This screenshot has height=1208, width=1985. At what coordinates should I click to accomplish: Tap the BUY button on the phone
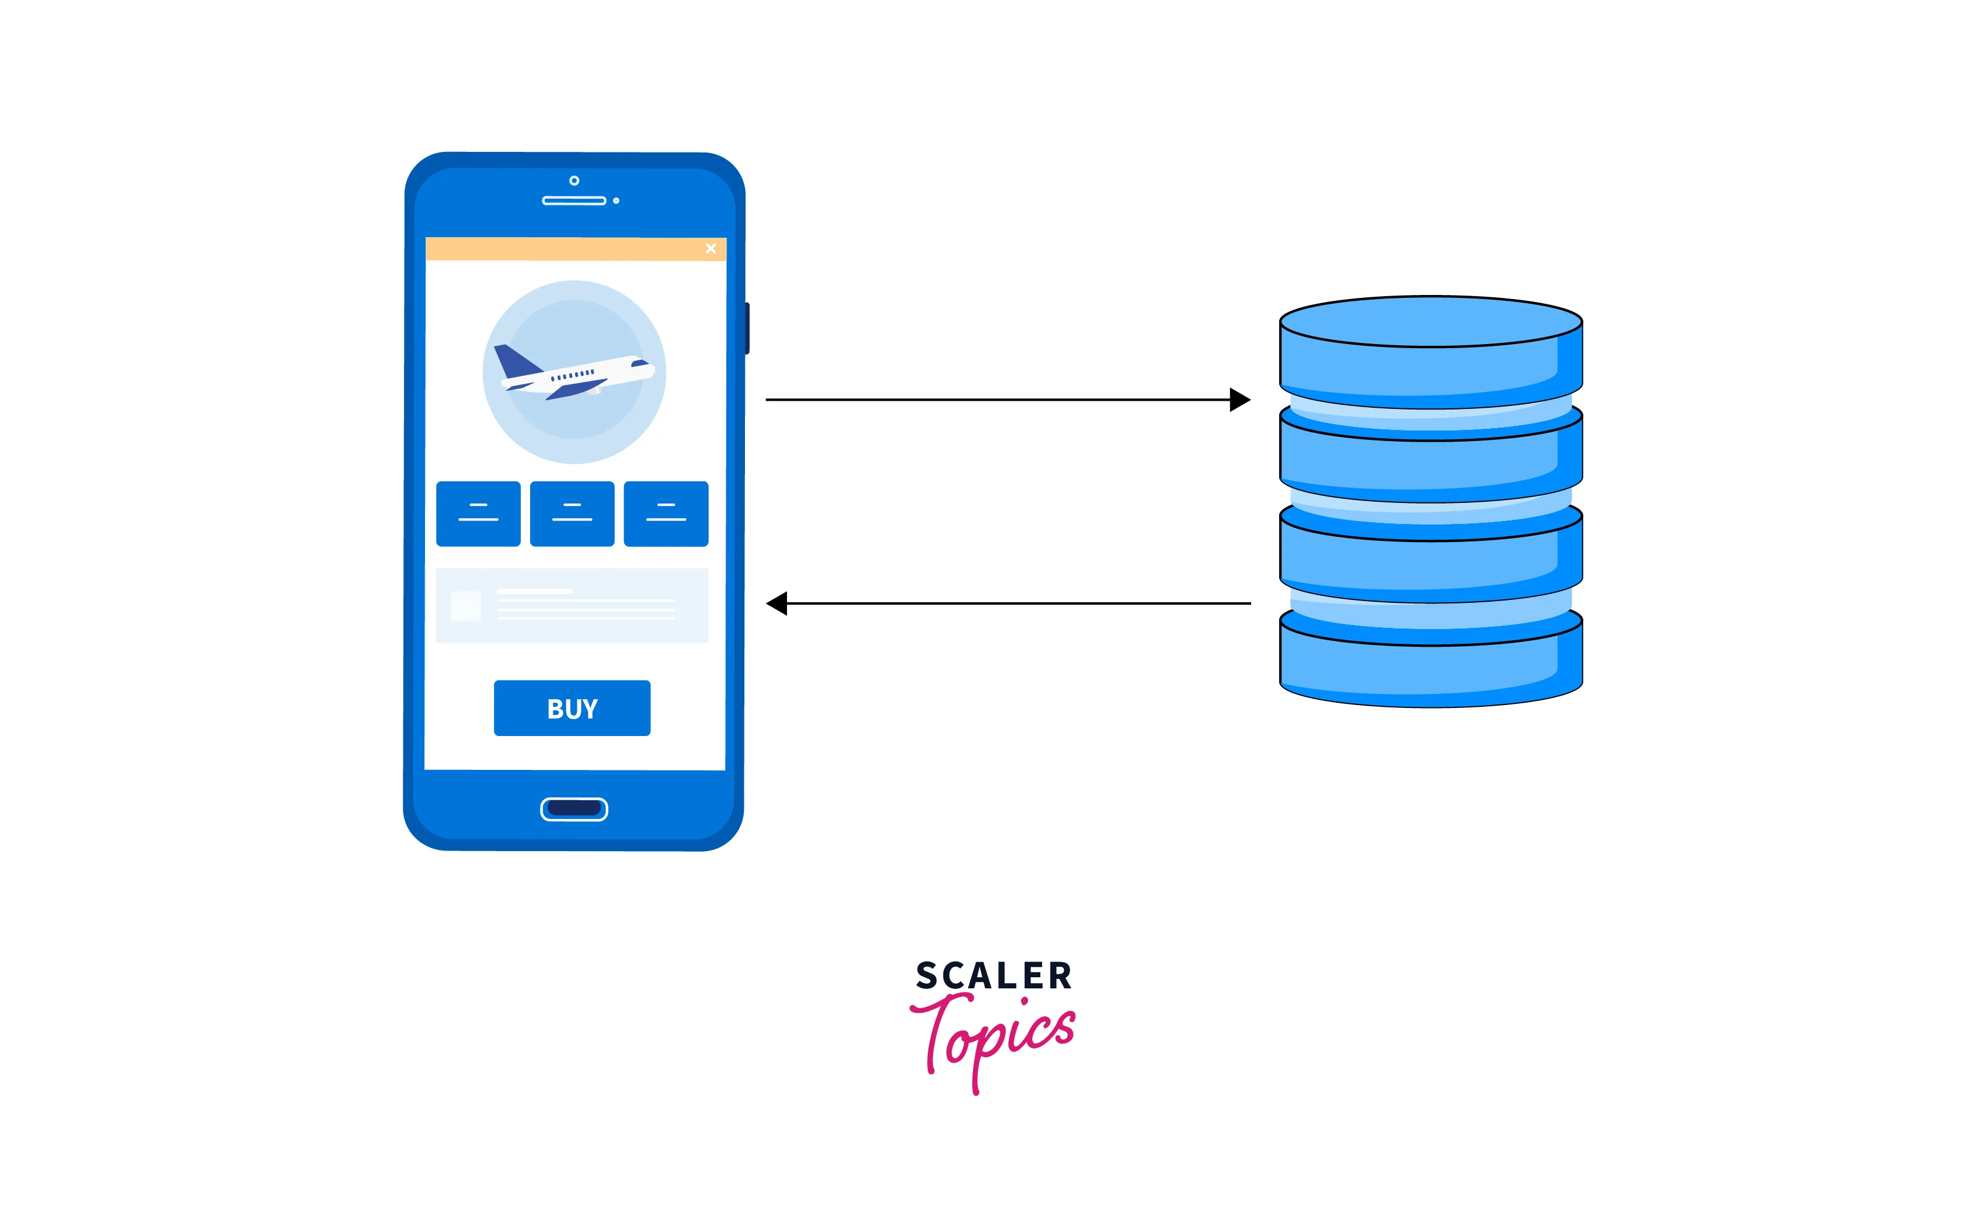tap(572, 709)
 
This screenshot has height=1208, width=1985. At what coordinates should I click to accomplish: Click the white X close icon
tap(711, 248)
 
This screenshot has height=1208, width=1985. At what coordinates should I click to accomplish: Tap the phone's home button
tap(573, 809)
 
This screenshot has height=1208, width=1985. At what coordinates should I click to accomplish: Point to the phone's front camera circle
tap(574, 180)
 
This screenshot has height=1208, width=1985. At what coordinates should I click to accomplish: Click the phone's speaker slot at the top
tap(573, 201)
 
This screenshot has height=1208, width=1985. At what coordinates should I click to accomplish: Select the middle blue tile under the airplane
tap(572, 514)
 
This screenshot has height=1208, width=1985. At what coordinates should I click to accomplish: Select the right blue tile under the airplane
tap(666, 514)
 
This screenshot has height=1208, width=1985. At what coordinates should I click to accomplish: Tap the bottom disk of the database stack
tap(1431, 665)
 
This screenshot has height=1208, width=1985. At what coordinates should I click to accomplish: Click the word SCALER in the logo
tap(993, 976)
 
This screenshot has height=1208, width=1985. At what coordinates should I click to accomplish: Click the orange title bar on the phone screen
tap(564, 249)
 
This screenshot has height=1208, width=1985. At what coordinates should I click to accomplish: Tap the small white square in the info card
tap(466, 606)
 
